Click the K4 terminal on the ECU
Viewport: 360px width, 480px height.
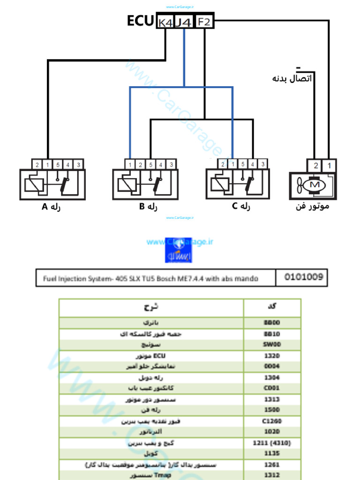(165, 22)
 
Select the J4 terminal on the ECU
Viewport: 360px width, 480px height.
(184, 22)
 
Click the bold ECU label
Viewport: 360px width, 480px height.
(140, 21)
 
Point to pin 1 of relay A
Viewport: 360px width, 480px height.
(47, 165)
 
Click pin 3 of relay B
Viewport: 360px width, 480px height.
(172, 165)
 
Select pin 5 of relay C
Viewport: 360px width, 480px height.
(242, 164)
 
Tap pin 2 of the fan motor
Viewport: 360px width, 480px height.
(315, 165)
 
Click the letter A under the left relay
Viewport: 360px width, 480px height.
(45, 207)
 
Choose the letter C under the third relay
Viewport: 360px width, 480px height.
(235, 207)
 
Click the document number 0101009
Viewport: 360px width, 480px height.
(304, 277)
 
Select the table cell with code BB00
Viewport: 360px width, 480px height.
(272, 323)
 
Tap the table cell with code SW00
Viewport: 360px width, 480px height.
(272, 345)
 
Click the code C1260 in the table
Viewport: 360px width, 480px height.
(272, 421)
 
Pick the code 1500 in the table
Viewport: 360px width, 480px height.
(272, 410)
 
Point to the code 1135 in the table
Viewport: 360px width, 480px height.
(272, 453)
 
